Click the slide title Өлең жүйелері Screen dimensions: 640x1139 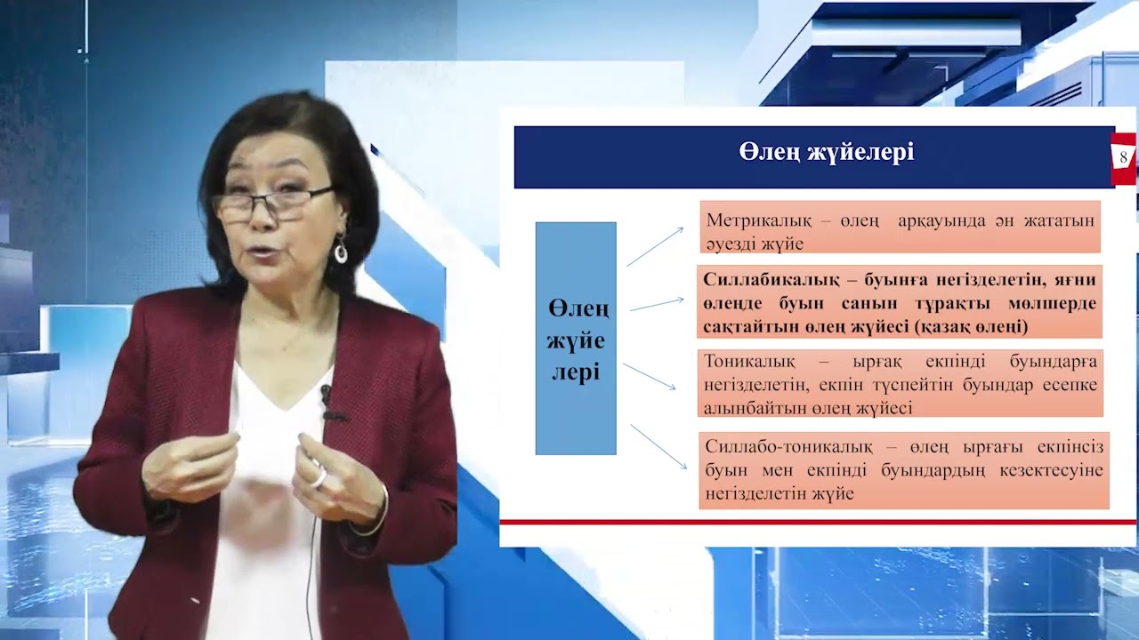pos(826,153)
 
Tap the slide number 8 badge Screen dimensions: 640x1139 pos(1123,157)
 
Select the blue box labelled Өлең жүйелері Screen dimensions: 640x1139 pos(576,339)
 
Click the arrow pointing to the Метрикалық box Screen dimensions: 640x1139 pos(655,246)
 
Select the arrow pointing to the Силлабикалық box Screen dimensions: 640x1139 pos(657,304)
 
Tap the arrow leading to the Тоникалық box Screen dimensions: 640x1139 pos(650,376)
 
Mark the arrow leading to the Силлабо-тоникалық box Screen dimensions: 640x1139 pos(658,446)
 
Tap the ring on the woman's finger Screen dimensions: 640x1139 pos(319,477)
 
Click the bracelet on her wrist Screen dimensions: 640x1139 pos(374,520)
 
